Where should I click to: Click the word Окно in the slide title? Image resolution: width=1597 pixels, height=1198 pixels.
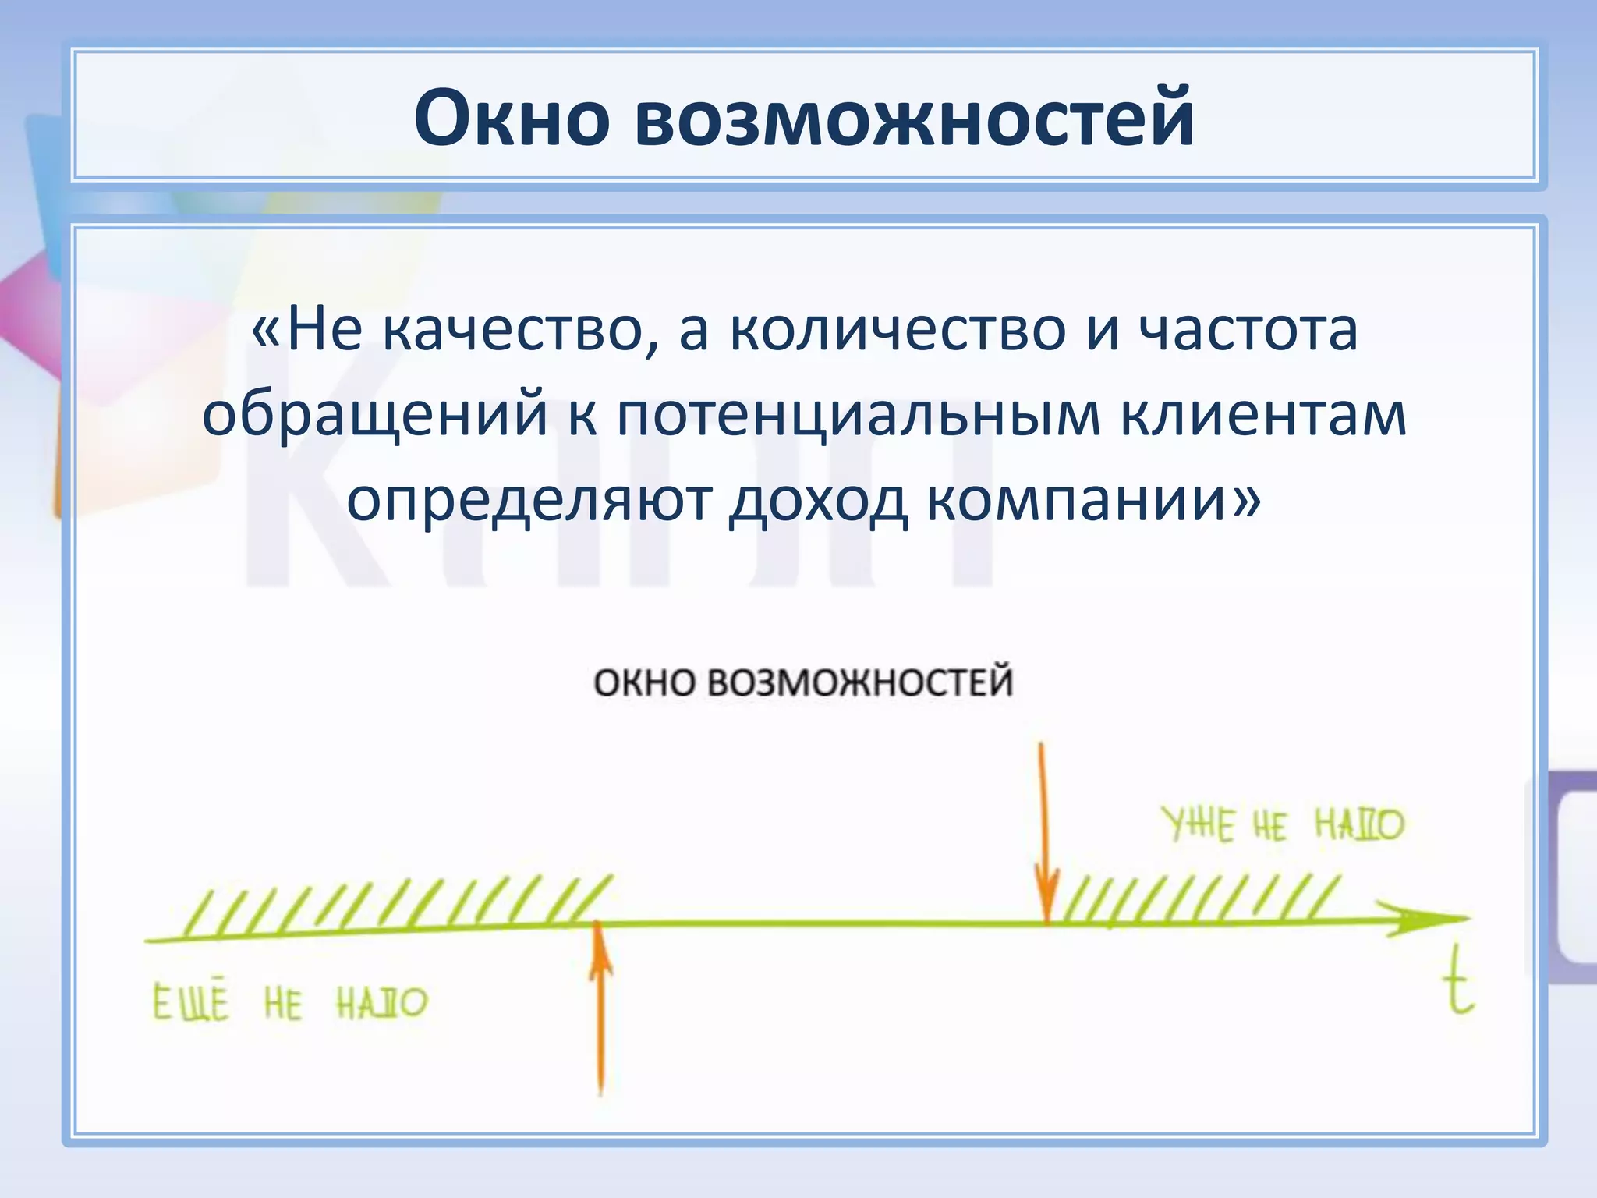(x=511, y=119)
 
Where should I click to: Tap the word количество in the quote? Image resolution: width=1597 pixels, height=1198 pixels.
(x=897, y=331)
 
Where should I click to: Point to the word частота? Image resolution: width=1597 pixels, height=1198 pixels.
(x=1248, y=331)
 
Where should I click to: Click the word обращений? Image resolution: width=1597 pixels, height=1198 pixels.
(x=375, y=415)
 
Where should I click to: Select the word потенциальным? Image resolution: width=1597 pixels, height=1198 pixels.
(x=859, y=415)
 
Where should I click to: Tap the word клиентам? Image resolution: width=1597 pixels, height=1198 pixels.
(x=1264, y=415)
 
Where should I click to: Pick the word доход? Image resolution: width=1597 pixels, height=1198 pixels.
(x=817, y=500)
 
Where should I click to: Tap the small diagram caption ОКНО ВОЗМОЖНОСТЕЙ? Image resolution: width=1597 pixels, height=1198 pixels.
(x=802, y=682)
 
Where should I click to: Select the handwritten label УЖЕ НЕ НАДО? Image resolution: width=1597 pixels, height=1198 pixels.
(x=1283, y=825)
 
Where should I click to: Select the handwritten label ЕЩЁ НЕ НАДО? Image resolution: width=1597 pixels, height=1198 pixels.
(x=289, y=1003)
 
